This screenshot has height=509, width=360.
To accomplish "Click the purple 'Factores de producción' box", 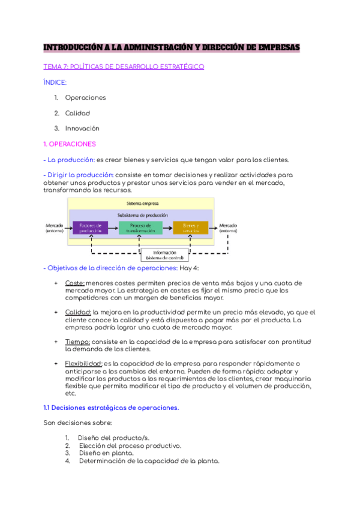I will click(91, 227).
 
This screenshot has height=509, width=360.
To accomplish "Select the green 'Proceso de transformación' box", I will click(140, 227).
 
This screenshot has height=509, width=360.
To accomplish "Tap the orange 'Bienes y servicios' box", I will click(191, 227).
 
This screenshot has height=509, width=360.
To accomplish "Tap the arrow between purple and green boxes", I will click(114, 227).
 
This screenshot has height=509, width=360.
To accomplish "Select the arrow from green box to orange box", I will click(167, 227).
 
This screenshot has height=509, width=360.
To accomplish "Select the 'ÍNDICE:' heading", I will click(55, 82).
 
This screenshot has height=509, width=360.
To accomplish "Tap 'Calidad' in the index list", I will click(78, 113).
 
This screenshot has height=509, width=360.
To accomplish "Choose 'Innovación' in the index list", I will click(82, 128).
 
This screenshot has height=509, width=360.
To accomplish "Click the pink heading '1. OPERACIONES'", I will click(70, 144).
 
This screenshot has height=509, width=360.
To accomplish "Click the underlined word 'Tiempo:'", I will click(77, 341).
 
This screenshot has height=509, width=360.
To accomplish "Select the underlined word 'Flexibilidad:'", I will click(83, 363).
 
